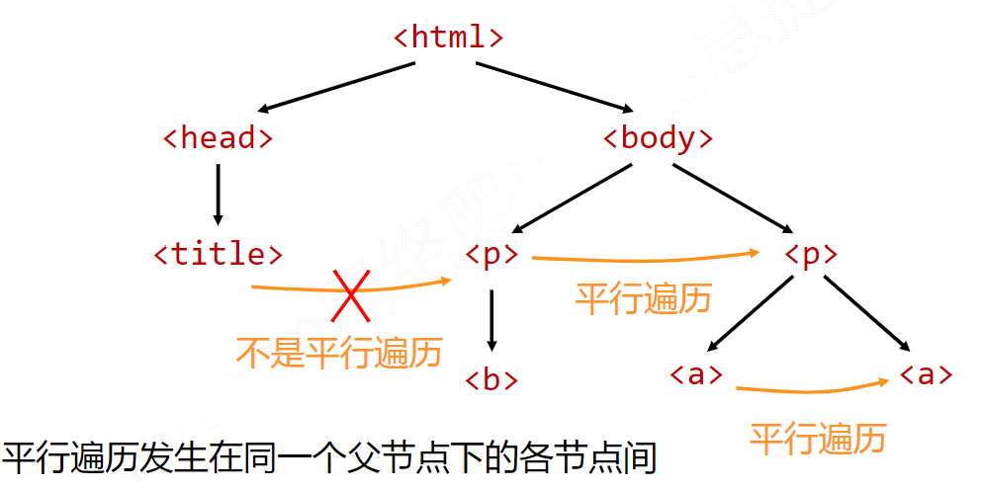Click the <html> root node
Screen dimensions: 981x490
coord(448,38)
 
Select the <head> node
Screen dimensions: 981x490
coord(217,138)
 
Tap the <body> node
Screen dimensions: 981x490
coord(658,138)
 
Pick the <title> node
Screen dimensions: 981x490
coord(218,254)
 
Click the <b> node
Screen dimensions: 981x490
coord(491,379)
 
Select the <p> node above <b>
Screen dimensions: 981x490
coord(491,254)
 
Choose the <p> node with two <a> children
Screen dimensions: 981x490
coord(811,254)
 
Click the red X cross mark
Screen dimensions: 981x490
coord(351,294)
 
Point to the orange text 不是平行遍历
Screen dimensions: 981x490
coord(338,352)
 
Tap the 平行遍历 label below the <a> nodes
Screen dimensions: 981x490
coord(818,438)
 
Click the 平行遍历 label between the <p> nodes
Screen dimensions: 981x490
coord(644,297)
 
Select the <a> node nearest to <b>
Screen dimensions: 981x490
coord(696,374)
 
